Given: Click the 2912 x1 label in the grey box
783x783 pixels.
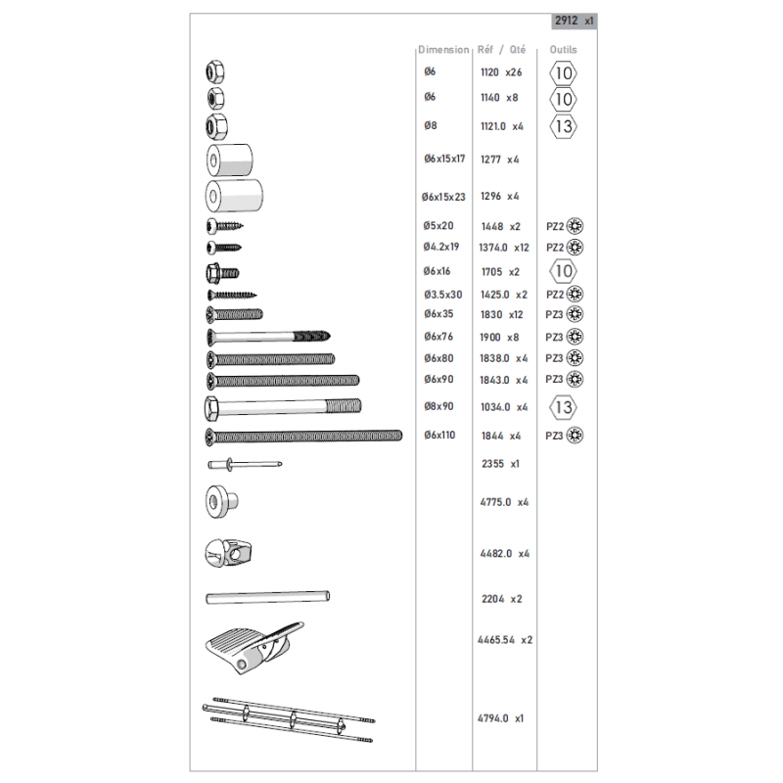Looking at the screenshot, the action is coord(575,21).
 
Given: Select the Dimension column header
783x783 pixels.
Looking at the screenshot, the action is coord(443,50).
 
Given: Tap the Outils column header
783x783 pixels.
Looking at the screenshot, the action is coord(564,50).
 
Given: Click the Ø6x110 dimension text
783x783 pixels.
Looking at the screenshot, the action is coord(439,435).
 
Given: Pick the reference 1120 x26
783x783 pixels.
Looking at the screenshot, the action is coord(501,72).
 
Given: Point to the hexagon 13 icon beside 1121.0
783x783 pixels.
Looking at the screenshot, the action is coord(564,126).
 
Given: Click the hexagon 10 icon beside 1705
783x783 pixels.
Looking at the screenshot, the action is coord(564,271).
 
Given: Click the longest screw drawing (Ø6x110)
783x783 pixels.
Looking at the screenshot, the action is coord(303,437).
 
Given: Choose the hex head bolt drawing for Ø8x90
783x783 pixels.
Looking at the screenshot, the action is coord(283,407).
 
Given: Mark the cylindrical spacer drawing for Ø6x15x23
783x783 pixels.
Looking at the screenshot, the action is coord(234,195).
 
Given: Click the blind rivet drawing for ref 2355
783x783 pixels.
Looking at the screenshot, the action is coord(245,464).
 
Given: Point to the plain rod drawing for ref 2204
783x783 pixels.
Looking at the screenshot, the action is coord(267,597).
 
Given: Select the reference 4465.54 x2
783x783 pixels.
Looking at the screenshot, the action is coord(505,640).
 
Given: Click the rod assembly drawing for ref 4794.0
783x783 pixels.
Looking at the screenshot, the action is coord(288,720).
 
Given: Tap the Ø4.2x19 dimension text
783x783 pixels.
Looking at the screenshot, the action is coord(441,247).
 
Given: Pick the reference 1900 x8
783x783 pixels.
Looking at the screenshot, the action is coord(499,338).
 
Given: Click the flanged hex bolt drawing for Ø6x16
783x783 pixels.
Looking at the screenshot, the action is coord(223,273).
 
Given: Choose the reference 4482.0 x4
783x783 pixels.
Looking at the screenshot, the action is coord(504,554).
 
